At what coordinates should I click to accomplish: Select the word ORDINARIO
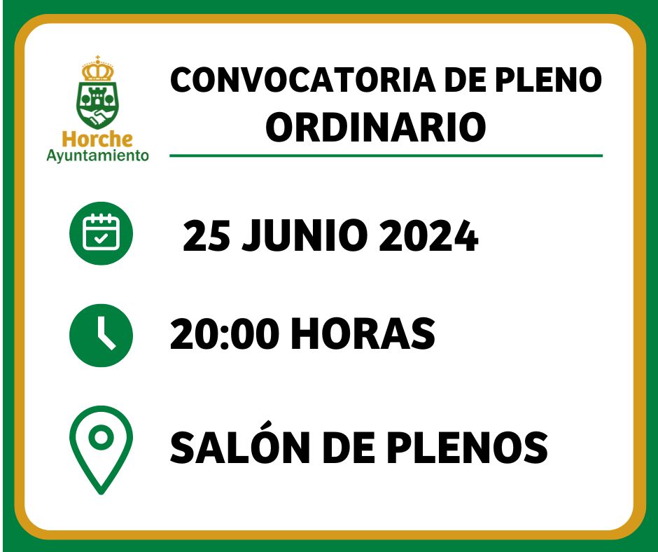376,127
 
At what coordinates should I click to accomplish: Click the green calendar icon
101,233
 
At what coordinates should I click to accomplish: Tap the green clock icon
101,336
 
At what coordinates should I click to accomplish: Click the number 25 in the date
206,235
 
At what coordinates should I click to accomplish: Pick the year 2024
428,235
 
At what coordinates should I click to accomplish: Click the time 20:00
225,333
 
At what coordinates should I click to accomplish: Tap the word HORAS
363,333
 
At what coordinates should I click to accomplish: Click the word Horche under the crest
97,139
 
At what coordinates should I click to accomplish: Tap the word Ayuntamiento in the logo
97,156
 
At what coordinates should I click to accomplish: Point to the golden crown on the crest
98,69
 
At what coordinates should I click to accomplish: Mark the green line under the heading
386,156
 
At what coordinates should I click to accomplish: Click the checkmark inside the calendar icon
101,239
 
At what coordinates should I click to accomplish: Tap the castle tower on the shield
98,98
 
